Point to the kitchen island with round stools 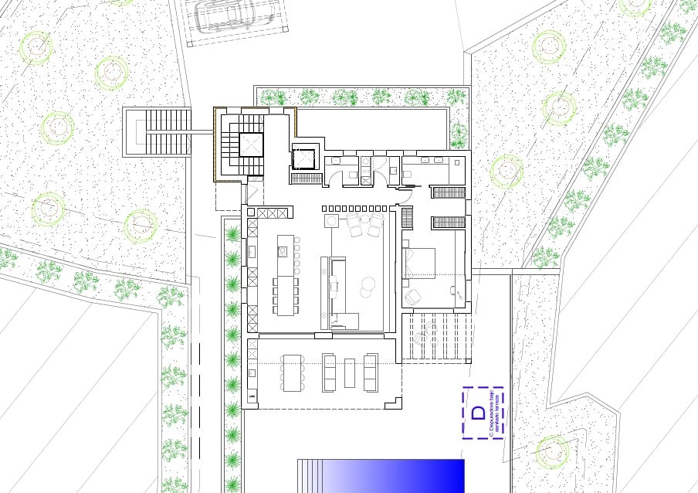[x=283, y=250]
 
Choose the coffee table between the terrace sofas [x=350, y=372]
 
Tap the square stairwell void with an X [x=251, y=144]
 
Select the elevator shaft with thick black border [x=303, y=157]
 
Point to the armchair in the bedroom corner [x=415, y=295]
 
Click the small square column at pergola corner [x=468, y=360]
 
